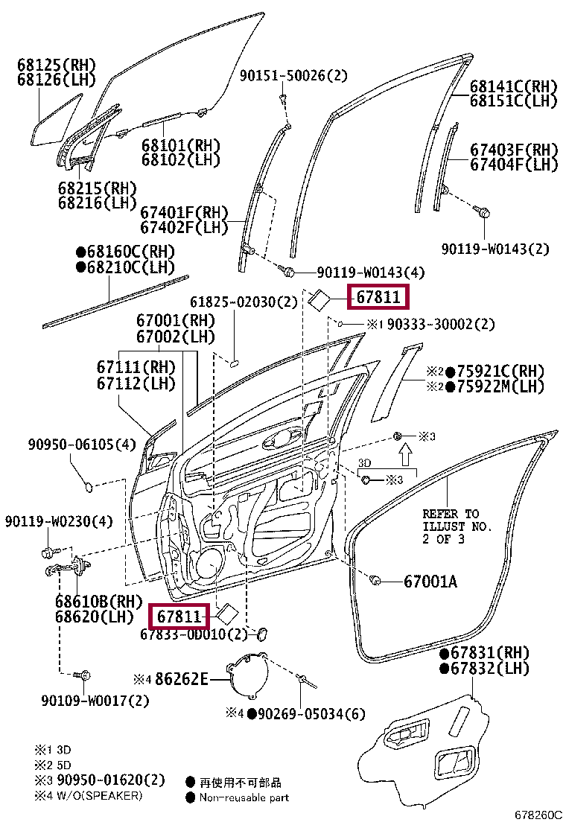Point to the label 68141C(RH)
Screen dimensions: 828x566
click(513, 86)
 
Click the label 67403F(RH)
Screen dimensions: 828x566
click(513, 150)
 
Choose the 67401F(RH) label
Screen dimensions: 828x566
click(184, 213)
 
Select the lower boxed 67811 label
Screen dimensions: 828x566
click(179, 617)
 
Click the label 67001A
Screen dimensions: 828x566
click(430, 581)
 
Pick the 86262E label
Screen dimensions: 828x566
click(182, 679)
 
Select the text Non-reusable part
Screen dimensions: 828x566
click(244, 797)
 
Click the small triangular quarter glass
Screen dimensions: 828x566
click(56, 121)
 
